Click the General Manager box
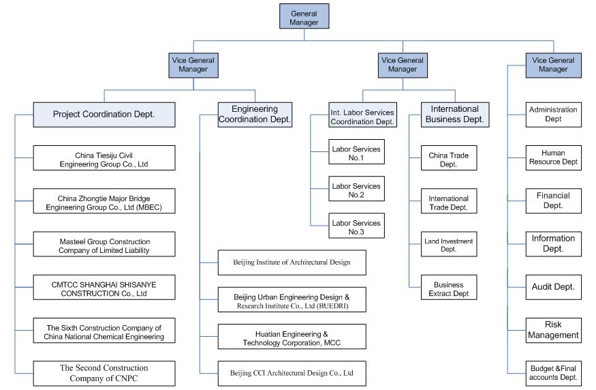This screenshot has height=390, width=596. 304,16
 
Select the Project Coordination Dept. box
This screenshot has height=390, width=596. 104,115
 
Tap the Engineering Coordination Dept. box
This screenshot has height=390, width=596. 255,115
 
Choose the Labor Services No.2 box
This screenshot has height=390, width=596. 356,189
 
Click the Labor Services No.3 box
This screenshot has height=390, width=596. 356,226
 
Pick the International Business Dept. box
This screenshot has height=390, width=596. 455,115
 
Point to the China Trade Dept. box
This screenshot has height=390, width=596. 449,158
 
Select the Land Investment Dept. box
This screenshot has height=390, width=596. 449,244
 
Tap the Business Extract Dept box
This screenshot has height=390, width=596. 449,287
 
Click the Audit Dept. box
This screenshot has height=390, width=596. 553,287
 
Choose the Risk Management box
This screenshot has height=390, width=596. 553,330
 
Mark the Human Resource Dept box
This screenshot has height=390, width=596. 553,158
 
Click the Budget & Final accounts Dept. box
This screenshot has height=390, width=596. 553,374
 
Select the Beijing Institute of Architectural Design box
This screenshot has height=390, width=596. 292,262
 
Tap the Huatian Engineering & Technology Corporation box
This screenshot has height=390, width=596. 292,337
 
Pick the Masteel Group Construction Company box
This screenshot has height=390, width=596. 104,244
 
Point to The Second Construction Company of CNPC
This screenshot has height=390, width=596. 104,374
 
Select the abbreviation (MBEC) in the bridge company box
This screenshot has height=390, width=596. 149,207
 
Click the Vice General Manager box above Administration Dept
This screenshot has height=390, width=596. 553,65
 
